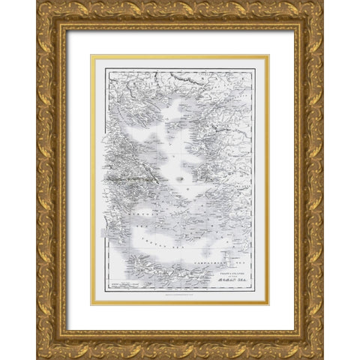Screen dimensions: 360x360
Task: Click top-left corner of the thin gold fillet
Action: (x=91, y=55)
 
